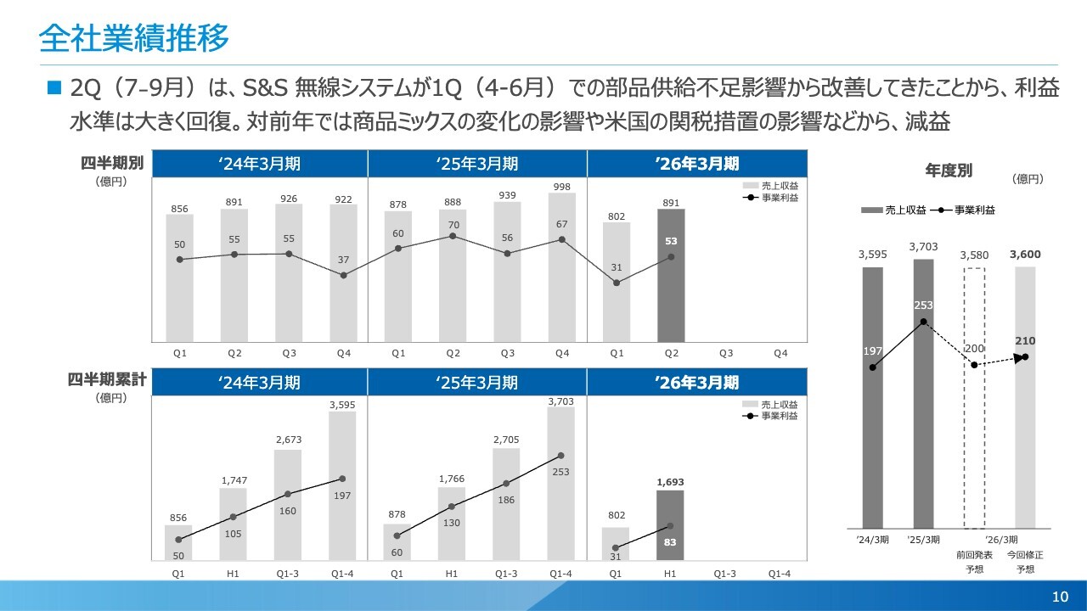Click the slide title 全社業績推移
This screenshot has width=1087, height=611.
pos(134,38)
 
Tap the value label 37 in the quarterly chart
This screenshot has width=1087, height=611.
pos(343,259)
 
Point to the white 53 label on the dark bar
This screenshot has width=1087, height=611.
pos(671,241)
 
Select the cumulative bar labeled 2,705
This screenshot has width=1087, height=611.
pos(506,504)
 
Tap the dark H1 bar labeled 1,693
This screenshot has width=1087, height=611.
pos(670,526)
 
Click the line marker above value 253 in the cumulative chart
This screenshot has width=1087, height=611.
pos(560,456)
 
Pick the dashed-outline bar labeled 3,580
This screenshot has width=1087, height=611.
pos(974,398)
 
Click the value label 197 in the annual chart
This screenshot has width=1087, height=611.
pos(872,351)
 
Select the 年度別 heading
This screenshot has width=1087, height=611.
pos(949,171)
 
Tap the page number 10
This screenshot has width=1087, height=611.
pos(1060,597)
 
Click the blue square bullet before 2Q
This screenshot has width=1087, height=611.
pos(55,87)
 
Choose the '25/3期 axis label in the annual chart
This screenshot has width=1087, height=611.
pos(923,540)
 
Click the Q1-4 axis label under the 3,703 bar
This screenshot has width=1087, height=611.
pos(560,574)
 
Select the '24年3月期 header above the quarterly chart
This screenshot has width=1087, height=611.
pos(259,163)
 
